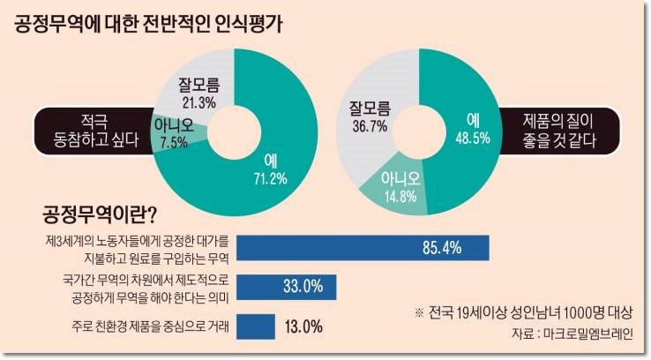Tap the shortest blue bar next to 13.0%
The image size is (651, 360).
pyautogui.click(x=257, y=325)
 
